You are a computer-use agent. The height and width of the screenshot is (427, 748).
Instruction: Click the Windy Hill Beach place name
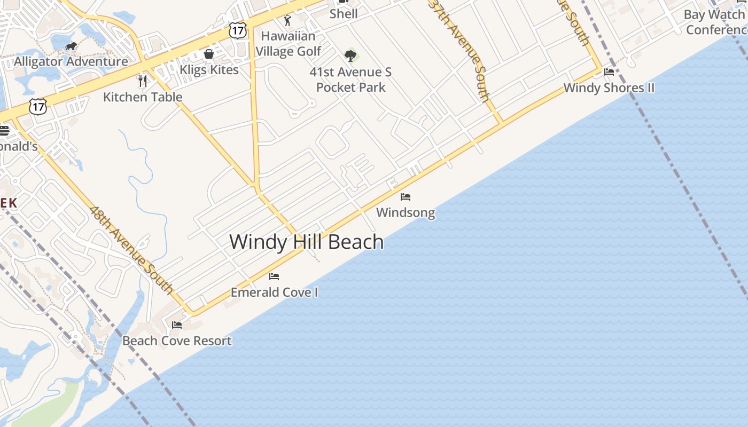(x=306, y=242)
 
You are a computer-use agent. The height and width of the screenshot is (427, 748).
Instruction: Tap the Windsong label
(x=405, y=213)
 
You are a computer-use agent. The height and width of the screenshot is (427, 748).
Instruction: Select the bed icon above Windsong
(x=406, y=197)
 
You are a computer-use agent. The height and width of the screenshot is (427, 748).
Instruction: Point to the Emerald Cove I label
(x=274, y=292)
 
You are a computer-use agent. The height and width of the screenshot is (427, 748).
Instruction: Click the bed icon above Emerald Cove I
(x=274, y=276)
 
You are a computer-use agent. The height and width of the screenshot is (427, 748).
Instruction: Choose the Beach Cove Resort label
(x=177, y=341)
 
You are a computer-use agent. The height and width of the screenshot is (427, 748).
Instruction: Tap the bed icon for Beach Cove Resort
(x=177, y=325)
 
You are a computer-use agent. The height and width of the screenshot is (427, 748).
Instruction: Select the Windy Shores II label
(x=609, y=88)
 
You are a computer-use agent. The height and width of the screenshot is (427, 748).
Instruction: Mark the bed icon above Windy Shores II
(x=609, y=72)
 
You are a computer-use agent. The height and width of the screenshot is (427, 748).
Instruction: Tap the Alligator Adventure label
(x=71, y=61)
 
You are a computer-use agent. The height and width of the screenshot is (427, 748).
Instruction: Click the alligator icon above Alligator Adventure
(x=71, y=46)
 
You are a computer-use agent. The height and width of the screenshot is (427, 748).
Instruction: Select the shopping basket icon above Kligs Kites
(x=209, y=54)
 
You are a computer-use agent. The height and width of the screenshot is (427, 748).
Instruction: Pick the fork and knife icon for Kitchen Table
(x=142, y=81)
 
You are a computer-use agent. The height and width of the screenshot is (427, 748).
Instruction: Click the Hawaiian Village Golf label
(x=289, y=44)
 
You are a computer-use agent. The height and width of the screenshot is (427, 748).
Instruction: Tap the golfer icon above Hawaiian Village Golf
(x=288, y=21)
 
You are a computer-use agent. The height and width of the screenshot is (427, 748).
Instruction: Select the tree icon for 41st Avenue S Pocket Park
(x=350, y=56)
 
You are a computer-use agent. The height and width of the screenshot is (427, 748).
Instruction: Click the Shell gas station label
(x=343, y=14)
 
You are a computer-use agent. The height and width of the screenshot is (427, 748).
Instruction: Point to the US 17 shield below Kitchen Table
(x=38, y=106)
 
